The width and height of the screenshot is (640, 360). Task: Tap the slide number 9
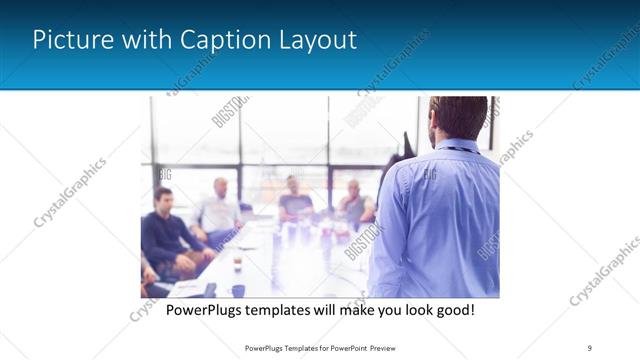point(589,348)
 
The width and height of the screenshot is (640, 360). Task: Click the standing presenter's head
point(458,118)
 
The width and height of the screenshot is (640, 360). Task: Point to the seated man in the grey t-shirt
point(294,200)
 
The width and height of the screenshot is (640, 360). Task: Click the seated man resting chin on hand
point(353,203)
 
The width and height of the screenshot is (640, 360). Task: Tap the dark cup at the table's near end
point(238,290)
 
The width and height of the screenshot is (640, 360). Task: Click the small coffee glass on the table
point(237,265)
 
